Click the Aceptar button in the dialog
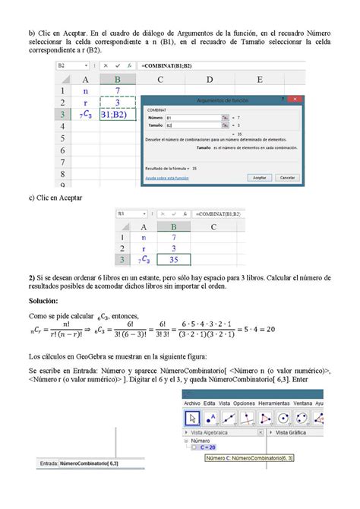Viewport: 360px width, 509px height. coord(259,176)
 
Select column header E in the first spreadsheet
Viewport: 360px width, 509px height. coord(260,79)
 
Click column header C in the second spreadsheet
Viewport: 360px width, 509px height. coord(214,226)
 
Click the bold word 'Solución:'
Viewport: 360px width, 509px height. coord(46,302)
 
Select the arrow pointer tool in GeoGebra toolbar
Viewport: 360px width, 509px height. coord(193,418)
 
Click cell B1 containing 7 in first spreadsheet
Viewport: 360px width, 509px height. coord(117,91)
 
